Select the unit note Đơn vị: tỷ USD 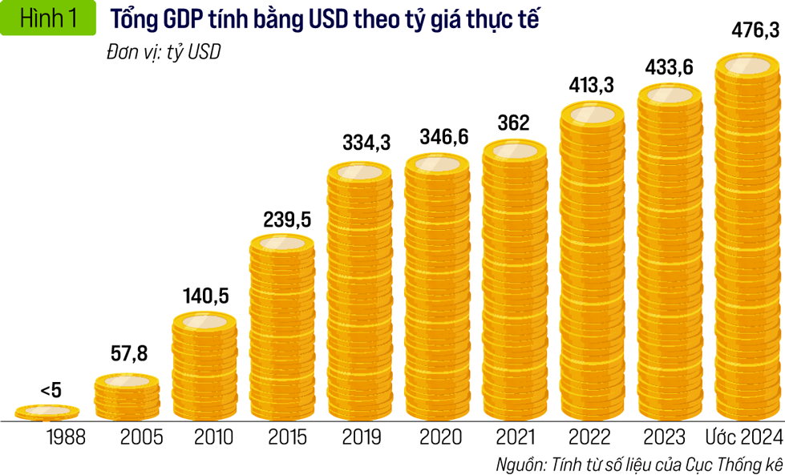(163, 53)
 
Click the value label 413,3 (592, 85)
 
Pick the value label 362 (513, 123)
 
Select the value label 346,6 (437, 138)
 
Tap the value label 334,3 (360, 143)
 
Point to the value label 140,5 (206, 296)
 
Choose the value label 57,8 (128, 353)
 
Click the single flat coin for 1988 (48, 412)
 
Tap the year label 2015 (287, 437)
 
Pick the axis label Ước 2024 (743, 437)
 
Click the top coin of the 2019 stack (360, 172)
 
